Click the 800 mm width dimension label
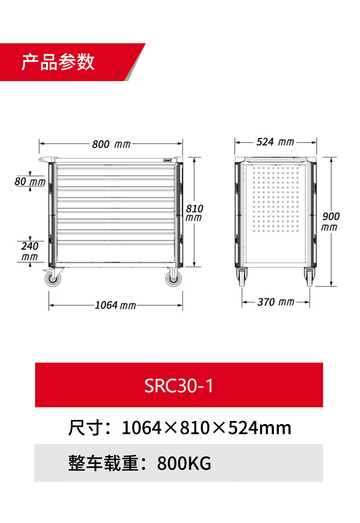click(x=111, y=144)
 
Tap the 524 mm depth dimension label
click(x=275, y=142)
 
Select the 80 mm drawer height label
click(x=30, y=181)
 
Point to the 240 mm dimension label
click(x=30, y=251)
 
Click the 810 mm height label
click(x=194, y=213)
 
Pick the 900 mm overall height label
click(x=330, y=221)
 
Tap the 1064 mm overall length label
click(x=115, y=305)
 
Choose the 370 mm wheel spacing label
click(x=276, y=302)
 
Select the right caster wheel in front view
click(x=174, y=278)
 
